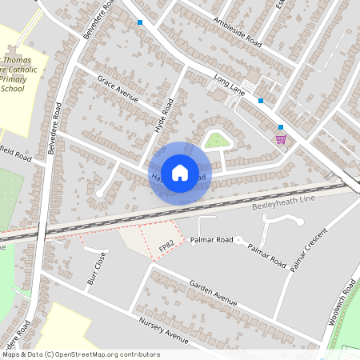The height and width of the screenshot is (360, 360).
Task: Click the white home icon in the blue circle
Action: click(x=180, y=172)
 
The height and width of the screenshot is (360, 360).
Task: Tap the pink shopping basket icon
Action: click(x=281, y=138)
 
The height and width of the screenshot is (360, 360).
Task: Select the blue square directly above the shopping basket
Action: click(x=281, y=126)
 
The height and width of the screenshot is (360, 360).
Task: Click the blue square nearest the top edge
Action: click(x=140, y=22)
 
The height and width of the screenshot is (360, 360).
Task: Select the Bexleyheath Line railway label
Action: click(x=279, y=204)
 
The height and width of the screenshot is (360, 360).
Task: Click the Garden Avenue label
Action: click(x=214, y=293)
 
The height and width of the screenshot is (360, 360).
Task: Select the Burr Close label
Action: click(x=95, y=269)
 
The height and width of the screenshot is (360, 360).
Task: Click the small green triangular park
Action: click(x=215, y=142)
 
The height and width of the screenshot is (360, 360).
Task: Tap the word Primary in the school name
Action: click(x=13, y=79)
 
